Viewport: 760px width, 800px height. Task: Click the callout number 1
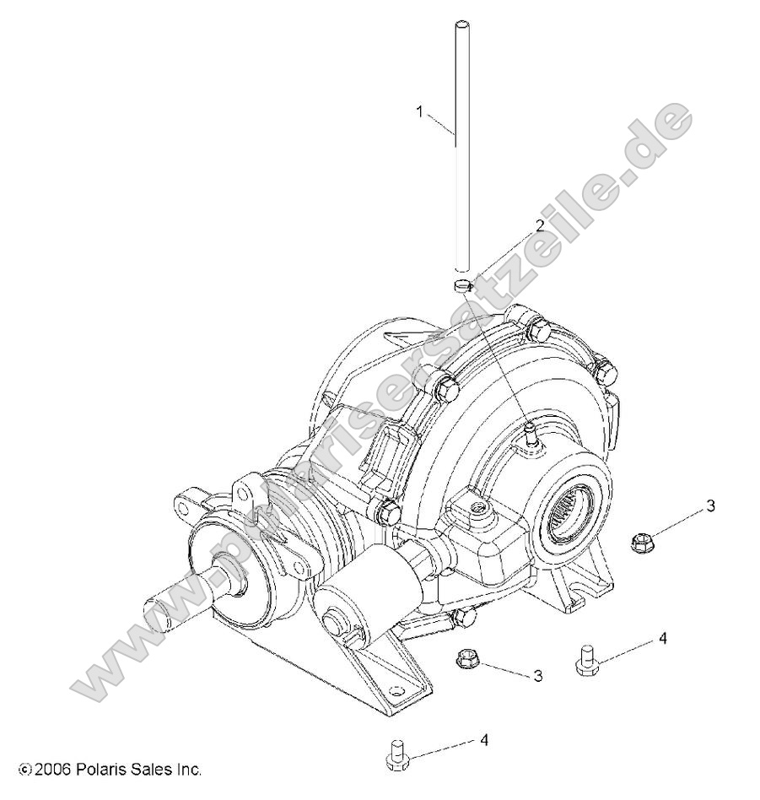[419, 111]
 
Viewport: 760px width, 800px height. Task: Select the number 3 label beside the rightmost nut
[710, 505]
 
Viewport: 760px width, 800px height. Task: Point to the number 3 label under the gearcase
[537, 676]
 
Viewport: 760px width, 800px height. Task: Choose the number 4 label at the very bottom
[483, 740]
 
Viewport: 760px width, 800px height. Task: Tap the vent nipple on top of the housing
[529, 433]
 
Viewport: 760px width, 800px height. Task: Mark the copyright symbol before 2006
[24, 770]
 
